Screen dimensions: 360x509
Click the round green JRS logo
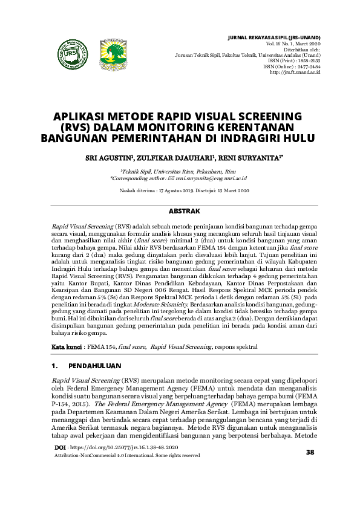coord(71,53)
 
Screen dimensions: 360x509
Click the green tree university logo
coord(112,53)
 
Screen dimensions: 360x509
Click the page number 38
coord(310,469)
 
